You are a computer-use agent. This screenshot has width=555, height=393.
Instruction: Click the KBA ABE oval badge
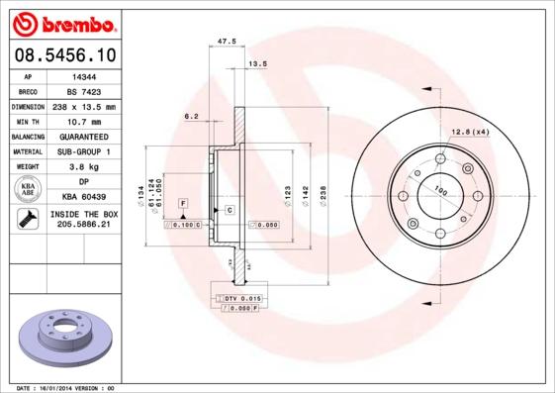[28, 190]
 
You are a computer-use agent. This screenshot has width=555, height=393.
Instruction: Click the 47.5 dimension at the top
[226, 42]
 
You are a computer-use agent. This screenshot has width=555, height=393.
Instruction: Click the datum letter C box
[229, 211]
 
